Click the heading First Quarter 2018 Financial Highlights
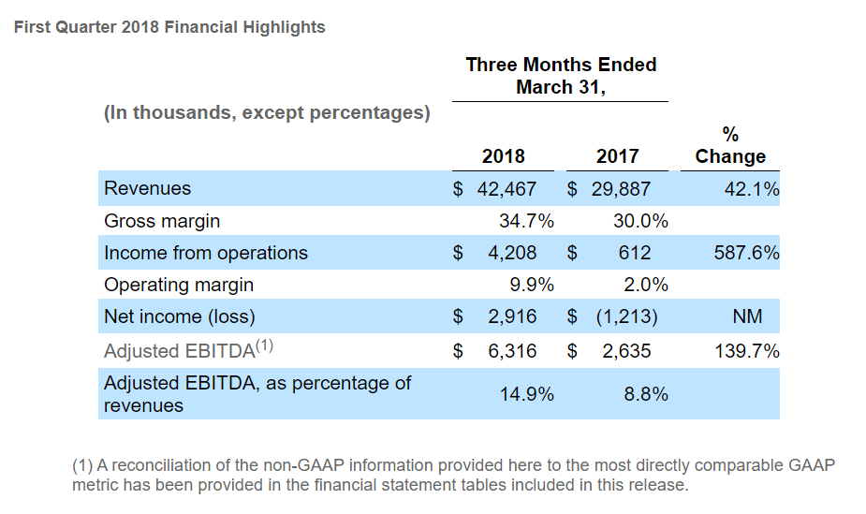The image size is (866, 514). [x=169, y=27]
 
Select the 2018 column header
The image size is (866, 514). [x=503, y=156]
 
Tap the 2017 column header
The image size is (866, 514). [x=617, y=156]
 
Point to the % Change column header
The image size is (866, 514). [x=730, y=146]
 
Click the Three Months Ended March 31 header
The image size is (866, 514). [x=561, y=76]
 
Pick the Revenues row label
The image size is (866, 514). [x=147, y=188]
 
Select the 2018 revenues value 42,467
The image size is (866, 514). [x=506, y=189]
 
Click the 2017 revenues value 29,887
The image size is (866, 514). [x=621, y=189]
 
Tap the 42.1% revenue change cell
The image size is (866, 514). [x=752, y=189]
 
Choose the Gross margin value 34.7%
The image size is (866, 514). [x=527, y=221]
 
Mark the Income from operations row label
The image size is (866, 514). [x=205, y=253]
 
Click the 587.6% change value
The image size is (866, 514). [x=747, y=253]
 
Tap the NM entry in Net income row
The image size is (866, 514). [x=747, y=316]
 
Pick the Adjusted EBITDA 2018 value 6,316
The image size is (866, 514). [x=512, y=351]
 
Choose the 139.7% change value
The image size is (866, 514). [x=747, y=351]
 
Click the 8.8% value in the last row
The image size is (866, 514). [x=646, y=394]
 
